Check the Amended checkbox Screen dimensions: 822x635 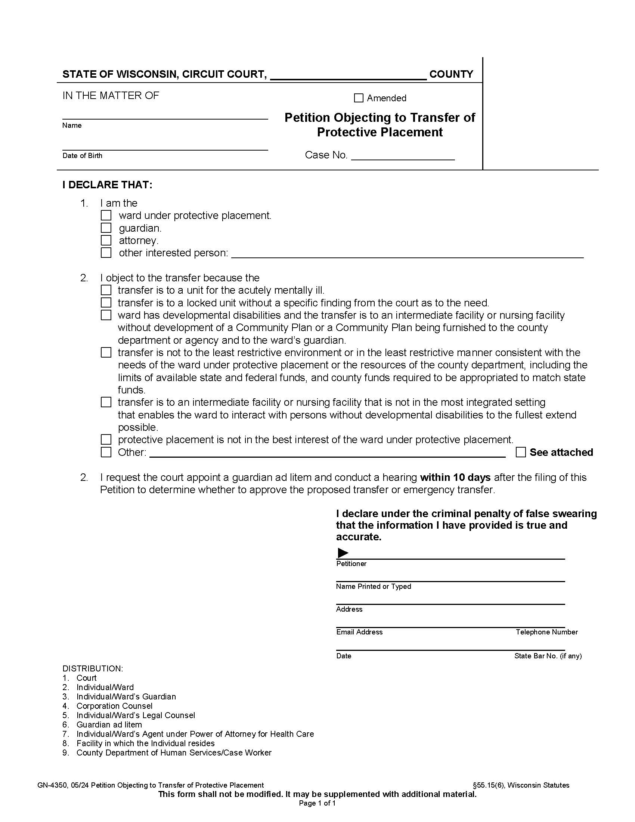(359, 98)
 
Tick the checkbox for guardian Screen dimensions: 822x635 (106, 228)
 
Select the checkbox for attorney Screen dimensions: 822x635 (106, 241)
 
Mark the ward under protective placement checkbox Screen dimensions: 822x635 (106, 216)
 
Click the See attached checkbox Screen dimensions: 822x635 (521, 452)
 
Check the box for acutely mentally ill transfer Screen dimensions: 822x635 (106, 290)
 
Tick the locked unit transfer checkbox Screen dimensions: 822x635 (106, 303)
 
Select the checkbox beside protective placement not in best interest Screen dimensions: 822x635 (106, 440)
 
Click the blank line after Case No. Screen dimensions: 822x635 (403, 156)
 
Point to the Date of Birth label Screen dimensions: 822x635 (83, 156)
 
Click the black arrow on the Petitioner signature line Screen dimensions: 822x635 (343, 553)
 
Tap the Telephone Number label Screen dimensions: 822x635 (546, 632)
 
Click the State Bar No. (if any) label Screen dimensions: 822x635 (548, 656)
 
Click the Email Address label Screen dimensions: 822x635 (359, 632)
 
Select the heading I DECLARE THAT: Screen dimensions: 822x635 (107, 185)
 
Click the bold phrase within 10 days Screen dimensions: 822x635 (455, 477)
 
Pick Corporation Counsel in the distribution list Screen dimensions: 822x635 (114, 706)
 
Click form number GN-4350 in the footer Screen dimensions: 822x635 (52, 785)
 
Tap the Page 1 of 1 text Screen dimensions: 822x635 (317, 803)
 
